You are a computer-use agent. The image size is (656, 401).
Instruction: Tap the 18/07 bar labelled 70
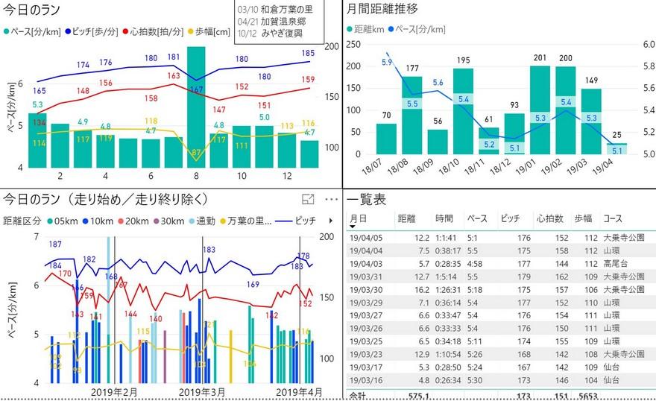click(386, 139)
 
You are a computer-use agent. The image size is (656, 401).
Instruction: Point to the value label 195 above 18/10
click(463, 60)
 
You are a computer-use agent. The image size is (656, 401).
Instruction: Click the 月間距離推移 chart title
click(382, 10)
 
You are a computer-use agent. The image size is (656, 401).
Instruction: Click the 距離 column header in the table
click(407, 218)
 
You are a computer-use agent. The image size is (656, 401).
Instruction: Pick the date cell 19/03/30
click(367, 289)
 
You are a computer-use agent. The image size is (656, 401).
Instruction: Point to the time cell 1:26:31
click(449, 289)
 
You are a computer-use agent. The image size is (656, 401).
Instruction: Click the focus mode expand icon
click(307, 200)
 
